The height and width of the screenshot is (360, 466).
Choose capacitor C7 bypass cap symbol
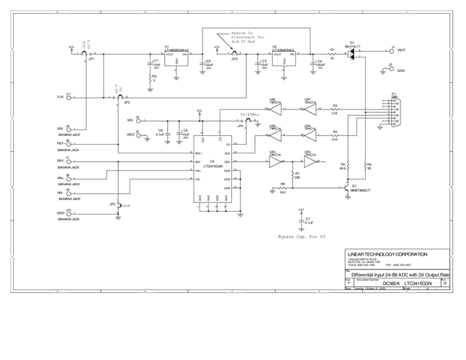[301, 221]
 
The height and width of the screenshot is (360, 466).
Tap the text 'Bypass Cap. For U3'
[301, 237]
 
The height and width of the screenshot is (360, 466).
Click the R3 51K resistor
[335, 109]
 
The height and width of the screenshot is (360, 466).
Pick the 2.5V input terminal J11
[68, 96]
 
